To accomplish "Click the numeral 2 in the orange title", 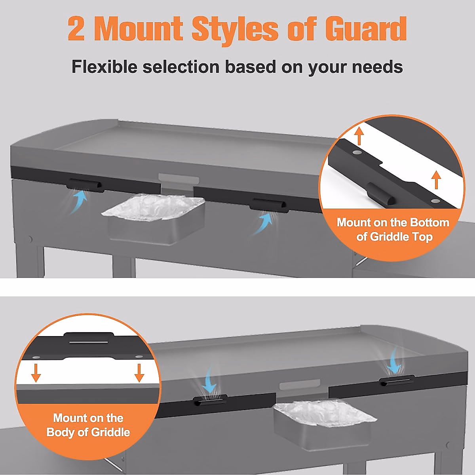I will tap(76, 28).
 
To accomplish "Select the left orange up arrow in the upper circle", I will tap(359, 135).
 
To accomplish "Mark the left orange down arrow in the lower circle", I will tap(36, 372).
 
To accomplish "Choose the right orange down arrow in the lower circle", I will tap(139, 372).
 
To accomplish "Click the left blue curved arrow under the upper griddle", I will tap(79, 202).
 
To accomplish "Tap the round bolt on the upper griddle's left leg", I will tap(30, 239).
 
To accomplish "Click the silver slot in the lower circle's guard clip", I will tap(89, 341).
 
